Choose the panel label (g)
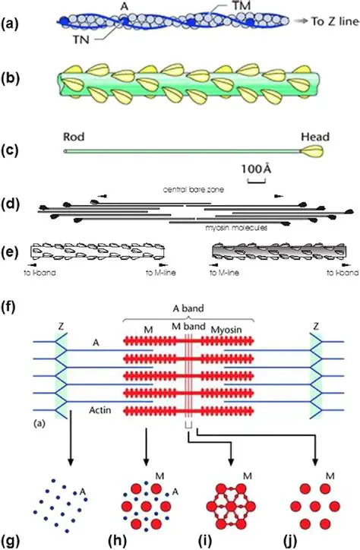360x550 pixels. (13, 541)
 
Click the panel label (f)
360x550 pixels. (12, 287)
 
